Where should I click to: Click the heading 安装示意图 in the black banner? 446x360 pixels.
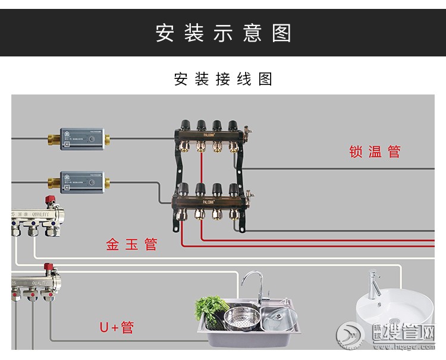(x=223, y=33)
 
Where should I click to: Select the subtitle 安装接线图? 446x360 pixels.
(x=223, y=79)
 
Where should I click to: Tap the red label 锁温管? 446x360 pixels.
(x=375, y=151)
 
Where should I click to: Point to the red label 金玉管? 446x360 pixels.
(x=131, y=244)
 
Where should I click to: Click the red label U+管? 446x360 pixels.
(x=117, y=327)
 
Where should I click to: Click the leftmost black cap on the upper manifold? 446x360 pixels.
(x=186, y=125)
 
